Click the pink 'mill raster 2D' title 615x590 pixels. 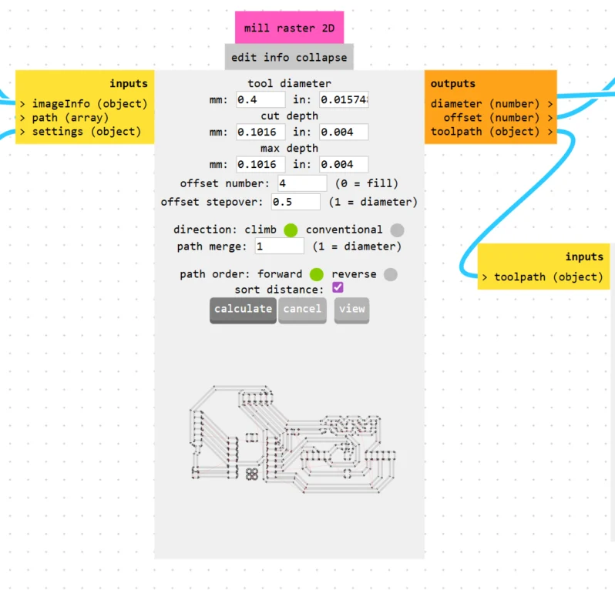[290, 28]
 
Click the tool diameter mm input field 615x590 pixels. [260, 100]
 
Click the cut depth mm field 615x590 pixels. [260, 132]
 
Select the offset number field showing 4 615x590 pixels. [302, 183]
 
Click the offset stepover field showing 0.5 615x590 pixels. [296, 202]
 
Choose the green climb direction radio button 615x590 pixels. [291, 230]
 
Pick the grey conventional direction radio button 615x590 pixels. [396, 230]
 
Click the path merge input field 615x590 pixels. [280, 246]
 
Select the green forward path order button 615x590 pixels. [316, 274]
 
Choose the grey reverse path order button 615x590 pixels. [391, 274]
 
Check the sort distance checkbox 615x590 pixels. [338, 288]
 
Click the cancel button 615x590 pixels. [302, 309]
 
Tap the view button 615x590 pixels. [351, 309]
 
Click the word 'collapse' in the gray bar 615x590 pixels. [321, 57]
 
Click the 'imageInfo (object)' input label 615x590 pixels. [89, 104]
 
